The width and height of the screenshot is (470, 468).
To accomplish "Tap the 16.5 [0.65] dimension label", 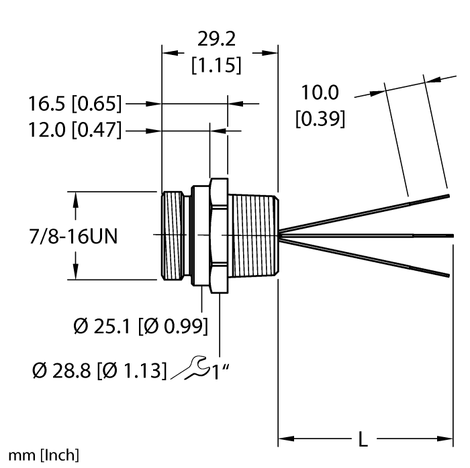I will coord(75,104).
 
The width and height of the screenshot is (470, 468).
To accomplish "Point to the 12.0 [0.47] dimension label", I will coord(75,130).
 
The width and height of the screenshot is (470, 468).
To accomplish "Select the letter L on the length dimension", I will coord(363,439).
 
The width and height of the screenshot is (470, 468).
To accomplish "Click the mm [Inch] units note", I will coord(40,456).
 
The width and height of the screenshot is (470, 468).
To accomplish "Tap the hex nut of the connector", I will coord(218,235).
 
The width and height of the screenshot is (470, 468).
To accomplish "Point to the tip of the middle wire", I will coord(452,235).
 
